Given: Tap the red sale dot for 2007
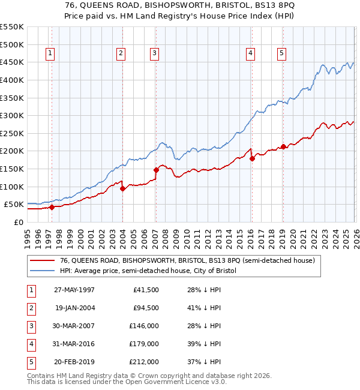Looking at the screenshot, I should coord(156,170).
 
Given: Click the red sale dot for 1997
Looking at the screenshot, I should coord(52,207).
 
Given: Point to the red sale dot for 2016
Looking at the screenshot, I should coord(252,158).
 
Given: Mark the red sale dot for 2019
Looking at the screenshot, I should coord(283,146).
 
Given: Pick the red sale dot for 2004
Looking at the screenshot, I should coord(122,188).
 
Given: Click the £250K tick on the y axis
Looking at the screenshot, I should coord(11,133).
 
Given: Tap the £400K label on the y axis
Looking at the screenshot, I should coord(11,80).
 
